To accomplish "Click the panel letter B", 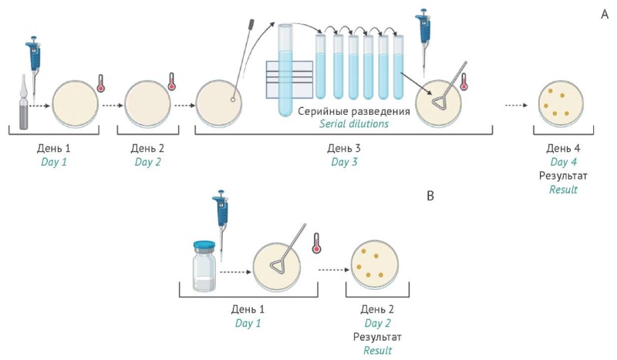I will pyautogui.click(x=430, y=195).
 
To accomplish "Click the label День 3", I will pyautogui.click(x=344, y=147).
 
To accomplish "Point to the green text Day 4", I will pyautogui.click(x=563, y=162).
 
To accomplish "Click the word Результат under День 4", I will pyautogui.click(x=563, y=176).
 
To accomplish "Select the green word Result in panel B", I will pyautogui.click(x=378, y=351).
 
